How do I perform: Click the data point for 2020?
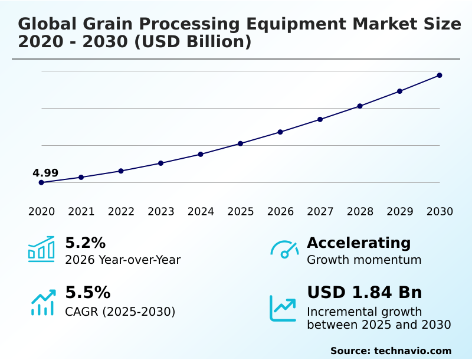point(41,182)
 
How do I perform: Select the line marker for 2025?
point(241,143)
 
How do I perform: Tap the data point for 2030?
point(440,75)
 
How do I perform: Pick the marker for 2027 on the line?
point(320,119)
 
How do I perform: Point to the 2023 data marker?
point(161,163)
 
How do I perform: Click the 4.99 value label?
point(45,173)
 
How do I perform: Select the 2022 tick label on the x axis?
point(121,212)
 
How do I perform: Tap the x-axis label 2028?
point(360,212)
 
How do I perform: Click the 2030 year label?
point(440,212)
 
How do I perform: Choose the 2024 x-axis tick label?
point(201,212)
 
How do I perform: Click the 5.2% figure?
point(85,243)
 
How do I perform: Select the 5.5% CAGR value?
point(87,293)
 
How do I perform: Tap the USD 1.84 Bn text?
point(365,293)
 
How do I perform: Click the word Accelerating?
point(359,243)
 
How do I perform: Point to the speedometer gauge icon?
point(284,250)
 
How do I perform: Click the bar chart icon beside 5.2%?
point(41,249)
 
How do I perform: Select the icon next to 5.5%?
point(42,302)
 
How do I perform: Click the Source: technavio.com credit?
point(391,351)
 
